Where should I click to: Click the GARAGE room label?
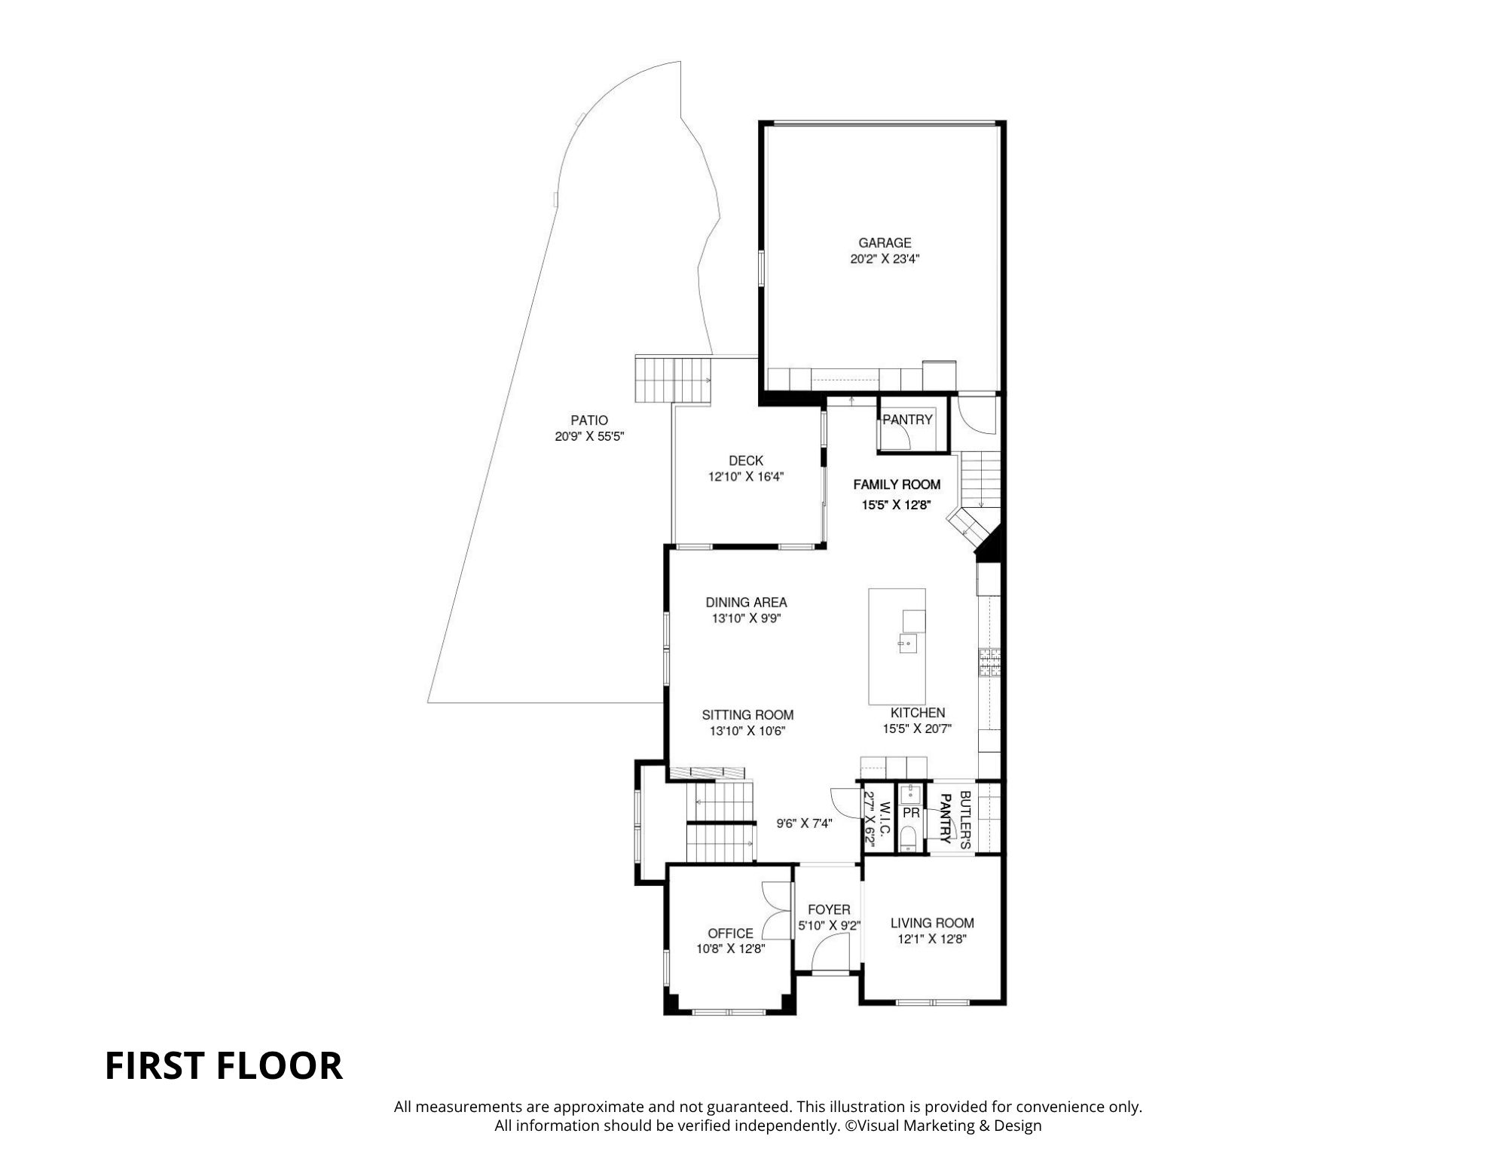(x=885, y=243)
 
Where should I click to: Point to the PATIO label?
(x=588, y=420)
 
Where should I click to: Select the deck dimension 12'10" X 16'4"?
(x=745, y=477)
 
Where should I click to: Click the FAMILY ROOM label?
(x=897, y=484)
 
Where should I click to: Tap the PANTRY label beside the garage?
(x=907, y=420)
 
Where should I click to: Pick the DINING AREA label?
(x=746, y=602)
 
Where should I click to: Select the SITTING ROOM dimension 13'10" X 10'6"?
(x=747, y=731)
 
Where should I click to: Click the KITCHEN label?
(x=917, y=713)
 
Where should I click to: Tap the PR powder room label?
(x=911, y=814)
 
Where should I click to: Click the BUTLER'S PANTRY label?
(x=955, y=820)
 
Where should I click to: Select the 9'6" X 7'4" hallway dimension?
(x=804, y=823)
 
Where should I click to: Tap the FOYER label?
(x=829, y=909)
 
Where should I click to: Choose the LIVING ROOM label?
(x=932, y=923)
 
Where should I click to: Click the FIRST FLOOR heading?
(x=223, y=1066)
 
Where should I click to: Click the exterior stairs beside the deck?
(x=674, y=380)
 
